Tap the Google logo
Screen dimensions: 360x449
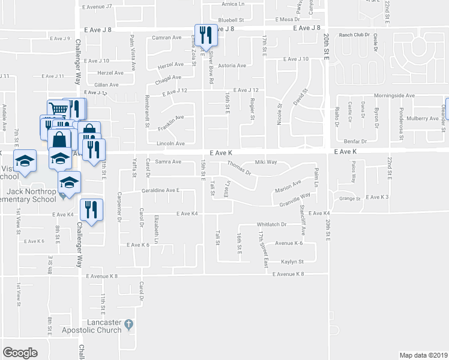pyautogui.click(x=20, y=353)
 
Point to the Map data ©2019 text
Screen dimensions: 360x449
pyautogui.click(x=424, y=355)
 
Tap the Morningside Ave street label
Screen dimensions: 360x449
pyautogui.click(x=394, y=95)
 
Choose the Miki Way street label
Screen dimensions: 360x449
pyautogui.click(x=265, y=162)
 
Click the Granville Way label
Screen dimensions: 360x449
pyautogui.click(x=294, y=199)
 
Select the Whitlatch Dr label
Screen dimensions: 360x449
pyautogui.click(x=273, y=224)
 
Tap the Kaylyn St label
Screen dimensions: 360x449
pyautogui.click(x=293, y=262)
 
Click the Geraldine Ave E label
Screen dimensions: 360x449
pyautogui.click(x=161, y=190)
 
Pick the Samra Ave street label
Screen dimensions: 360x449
pyautogui.click(x=168, y=162)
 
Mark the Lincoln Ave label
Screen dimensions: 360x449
pyautogui.click(x=170, y=144)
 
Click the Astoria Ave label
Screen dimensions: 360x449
pyautogui.click(x=232, y=66)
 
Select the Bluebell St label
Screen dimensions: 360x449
pyautogui.click(x=231, y=20)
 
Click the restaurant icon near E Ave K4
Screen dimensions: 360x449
pyautogui.click(x=91, y=211)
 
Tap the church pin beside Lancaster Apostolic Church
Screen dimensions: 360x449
pyautogui.click(x=128, y=326)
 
